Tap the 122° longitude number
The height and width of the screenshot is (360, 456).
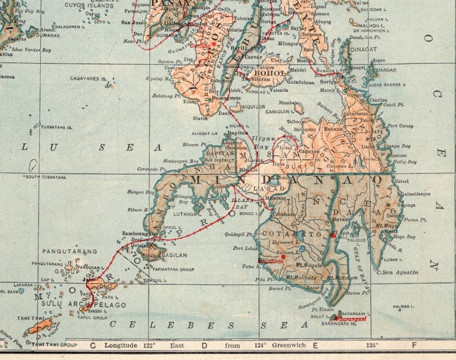click(x=149, y=346)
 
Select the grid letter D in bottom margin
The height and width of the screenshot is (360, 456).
click(x=204, y=346)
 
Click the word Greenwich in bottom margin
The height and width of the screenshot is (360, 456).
click(x=287, y=346)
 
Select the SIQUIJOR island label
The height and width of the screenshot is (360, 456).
click(x=253, y=106)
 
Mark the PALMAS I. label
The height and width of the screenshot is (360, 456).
click(x=404, y=307)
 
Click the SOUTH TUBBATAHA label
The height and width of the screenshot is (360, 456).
click(x=46, y=177)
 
